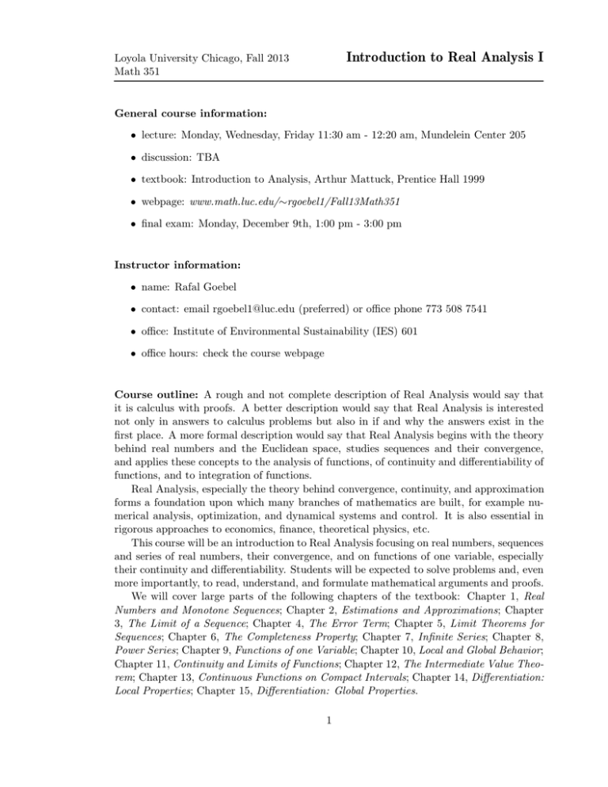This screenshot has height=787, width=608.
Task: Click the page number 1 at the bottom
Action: coord(304,748)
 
